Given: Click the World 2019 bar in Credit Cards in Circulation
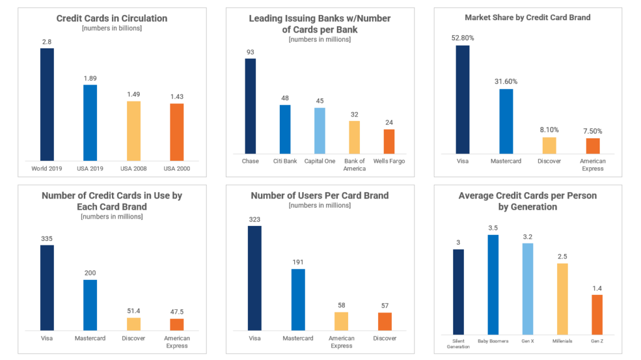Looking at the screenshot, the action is tap(47, 105).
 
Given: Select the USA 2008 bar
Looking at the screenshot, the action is tap(134, 131).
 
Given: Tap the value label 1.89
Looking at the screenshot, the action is tap(90, 78).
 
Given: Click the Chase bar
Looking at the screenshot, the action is tap(250, 106).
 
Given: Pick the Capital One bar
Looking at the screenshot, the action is tap(320, 131).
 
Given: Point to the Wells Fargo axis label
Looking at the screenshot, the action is tap(389, 161).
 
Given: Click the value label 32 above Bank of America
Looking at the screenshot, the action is tap(354, 115).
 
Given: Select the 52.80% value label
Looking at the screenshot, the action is tap(463, 38).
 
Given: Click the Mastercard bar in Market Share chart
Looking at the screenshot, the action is tap(506, 121).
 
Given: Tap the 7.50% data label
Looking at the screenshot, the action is tap(593, 131).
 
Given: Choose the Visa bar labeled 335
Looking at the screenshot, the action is tap(47, 287).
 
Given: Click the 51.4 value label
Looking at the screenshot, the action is tap(134, 311).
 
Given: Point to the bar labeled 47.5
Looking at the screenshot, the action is tap(177, 324).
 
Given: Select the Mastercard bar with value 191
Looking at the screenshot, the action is tap(298, 300).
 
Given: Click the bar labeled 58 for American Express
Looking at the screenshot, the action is tap(341, 322).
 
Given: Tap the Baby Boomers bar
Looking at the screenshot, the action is tap(493, 285).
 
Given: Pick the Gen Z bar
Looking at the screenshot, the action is tap(597, 314).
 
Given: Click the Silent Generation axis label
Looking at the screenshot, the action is tap(458, 344).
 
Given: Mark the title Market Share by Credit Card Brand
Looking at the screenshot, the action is tap(528, 18).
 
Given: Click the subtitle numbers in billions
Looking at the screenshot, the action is tap(112, 28).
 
